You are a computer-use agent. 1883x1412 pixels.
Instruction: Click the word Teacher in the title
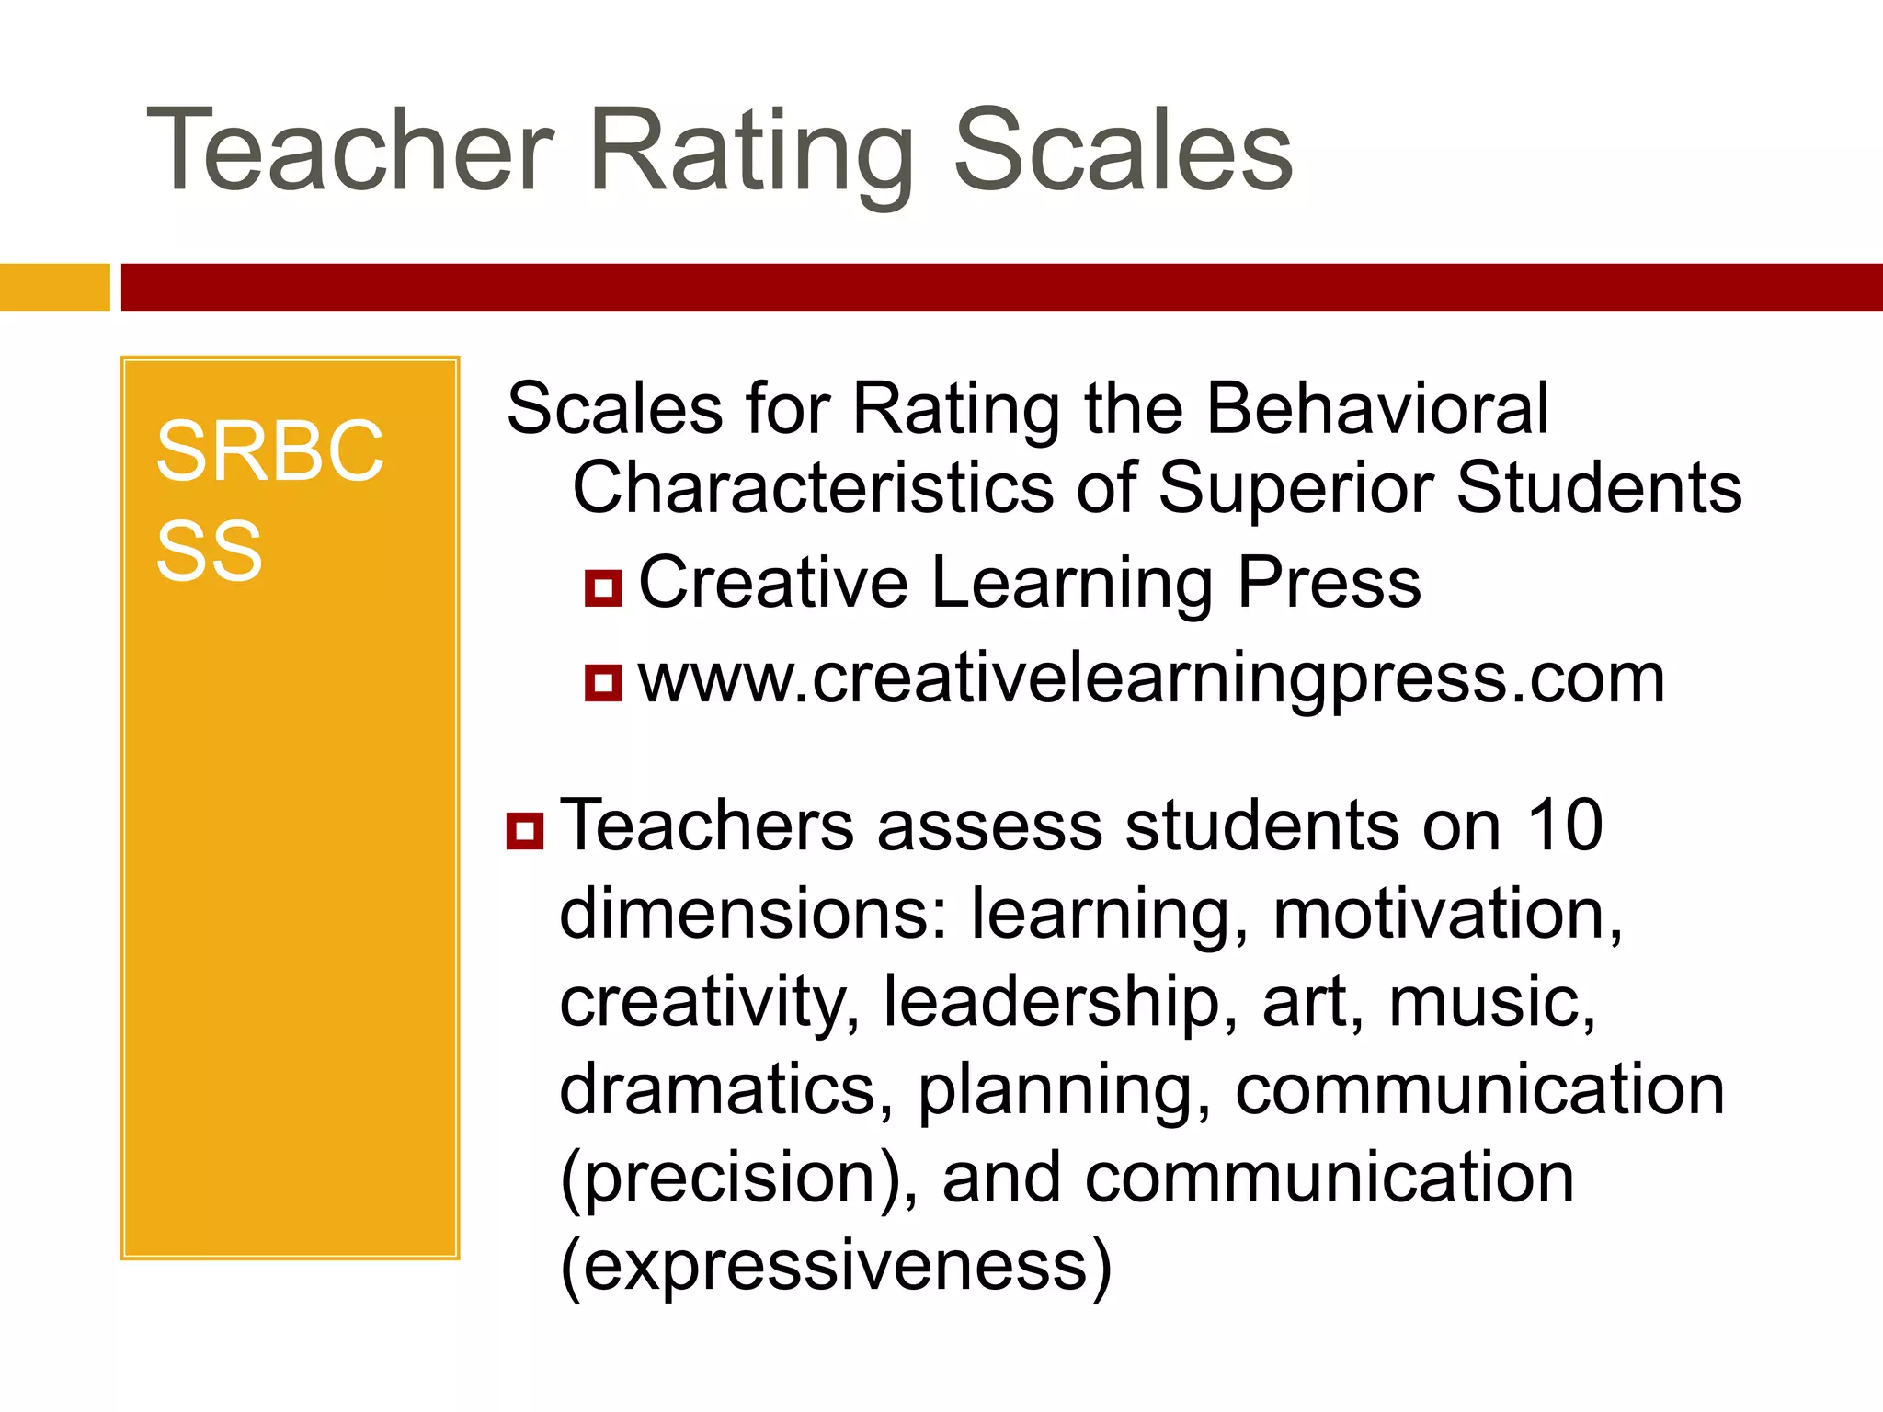pos(349,152)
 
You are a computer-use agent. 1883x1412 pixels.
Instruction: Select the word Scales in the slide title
pos(1124,152)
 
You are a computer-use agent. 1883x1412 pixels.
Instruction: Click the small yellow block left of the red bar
pos(54,287)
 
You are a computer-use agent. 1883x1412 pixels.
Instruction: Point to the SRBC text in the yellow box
pos(269,451)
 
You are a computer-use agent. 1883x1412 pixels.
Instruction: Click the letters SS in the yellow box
pos(210,552)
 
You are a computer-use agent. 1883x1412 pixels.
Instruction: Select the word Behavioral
pos(1376,408)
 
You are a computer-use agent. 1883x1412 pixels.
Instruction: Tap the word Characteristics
pos(813,487)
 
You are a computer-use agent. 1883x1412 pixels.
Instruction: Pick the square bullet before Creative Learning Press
pos(603,588)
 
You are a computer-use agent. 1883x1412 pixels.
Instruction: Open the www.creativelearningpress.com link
pos(1151,680)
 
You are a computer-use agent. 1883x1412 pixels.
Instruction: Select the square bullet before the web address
pos(603,683)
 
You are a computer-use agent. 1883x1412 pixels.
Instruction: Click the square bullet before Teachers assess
pos(525,830)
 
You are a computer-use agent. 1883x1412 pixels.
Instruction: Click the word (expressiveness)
pos(836,1267)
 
